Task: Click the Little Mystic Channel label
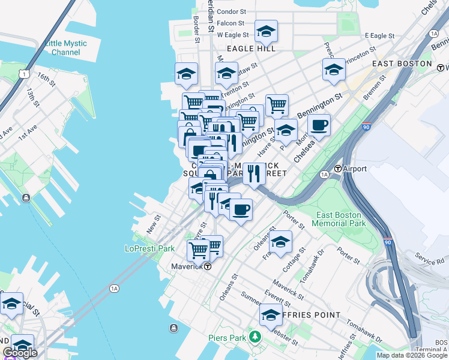tap(65, 48)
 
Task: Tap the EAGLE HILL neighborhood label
tap(251, 49)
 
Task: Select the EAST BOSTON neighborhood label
tap(402, 64)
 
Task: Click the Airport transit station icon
tap(338, 169)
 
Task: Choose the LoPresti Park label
tap(149, 248)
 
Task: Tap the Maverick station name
tap(184, 266)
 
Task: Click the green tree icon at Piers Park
tap(256, 337)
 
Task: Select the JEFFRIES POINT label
tap(310, 315)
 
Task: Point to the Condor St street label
tap(232, 11)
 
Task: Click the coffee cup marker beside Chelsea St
tap(319, 125)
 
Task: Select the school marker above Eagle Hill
tap(266, 31)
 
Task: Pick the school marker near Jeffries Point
tap(271, 314)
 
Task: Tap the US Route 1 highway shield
tap(23, 73)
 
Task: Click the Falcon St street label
tap(231, 23)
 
